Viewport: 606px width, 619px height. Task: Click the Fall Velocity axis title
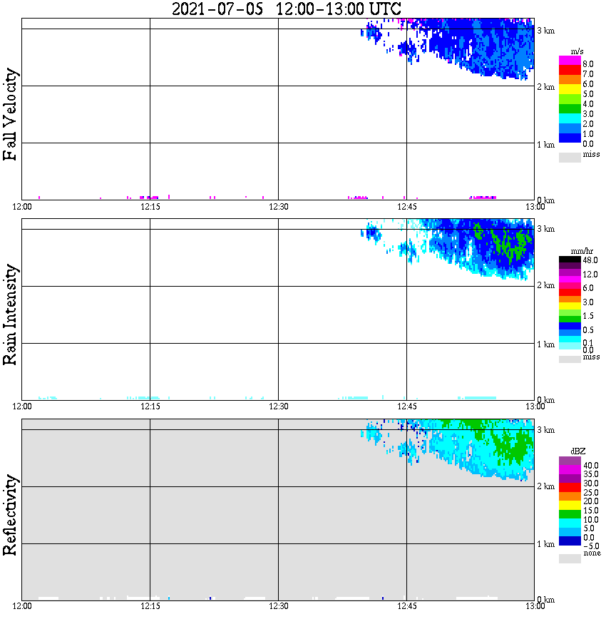click(x=11, y=114)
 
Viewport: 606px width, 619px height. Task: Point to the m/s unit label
click(x=577, y=51)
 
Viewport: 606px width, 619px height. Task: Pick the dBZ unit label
click(x=577, y=451)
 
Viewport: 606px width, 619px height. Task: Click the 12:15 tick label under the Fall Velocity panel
click(x=150, y=207)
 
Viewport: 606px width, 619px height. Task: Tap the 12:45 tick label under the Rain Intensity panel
click(x=406, y=406)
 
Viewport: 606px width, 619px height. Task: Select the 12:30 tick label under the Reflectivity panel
click(x=278, y=606)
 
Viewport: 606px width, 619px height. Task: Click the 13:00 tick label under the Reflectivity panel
click(x=535, y=606)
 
